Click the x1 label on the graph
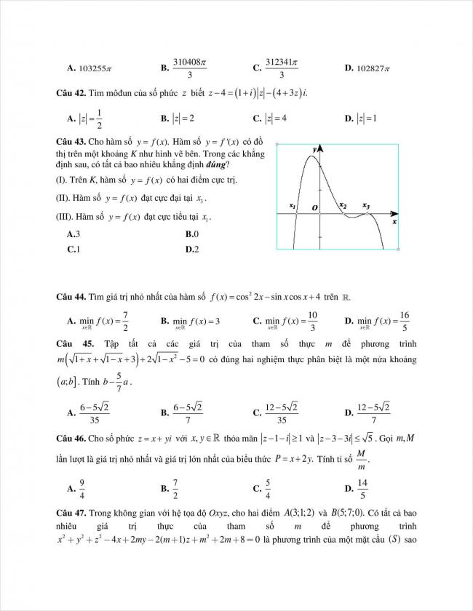tap(293, 206)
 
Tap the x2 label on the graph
tap(343, 206)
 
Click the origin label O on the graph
tap(315, 208)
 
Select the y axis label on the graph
tap(314, 149)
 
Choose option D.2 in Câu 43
tap(192, 249)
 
